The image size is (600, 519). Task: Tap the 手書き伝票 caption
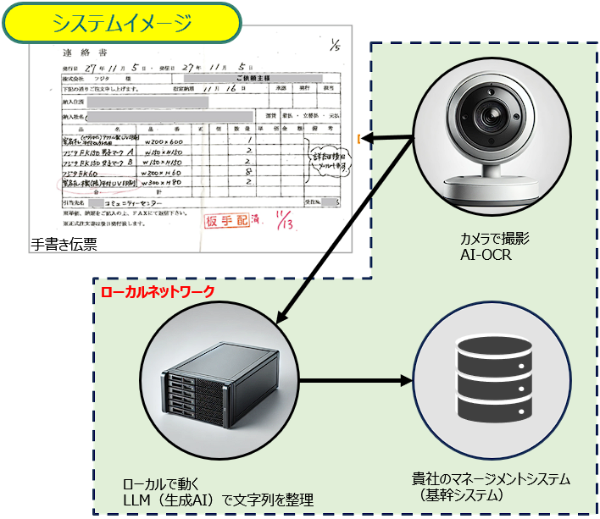(x=64, y=246)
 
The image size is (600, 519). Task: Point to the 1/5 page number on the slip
(x=335, y=47)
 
